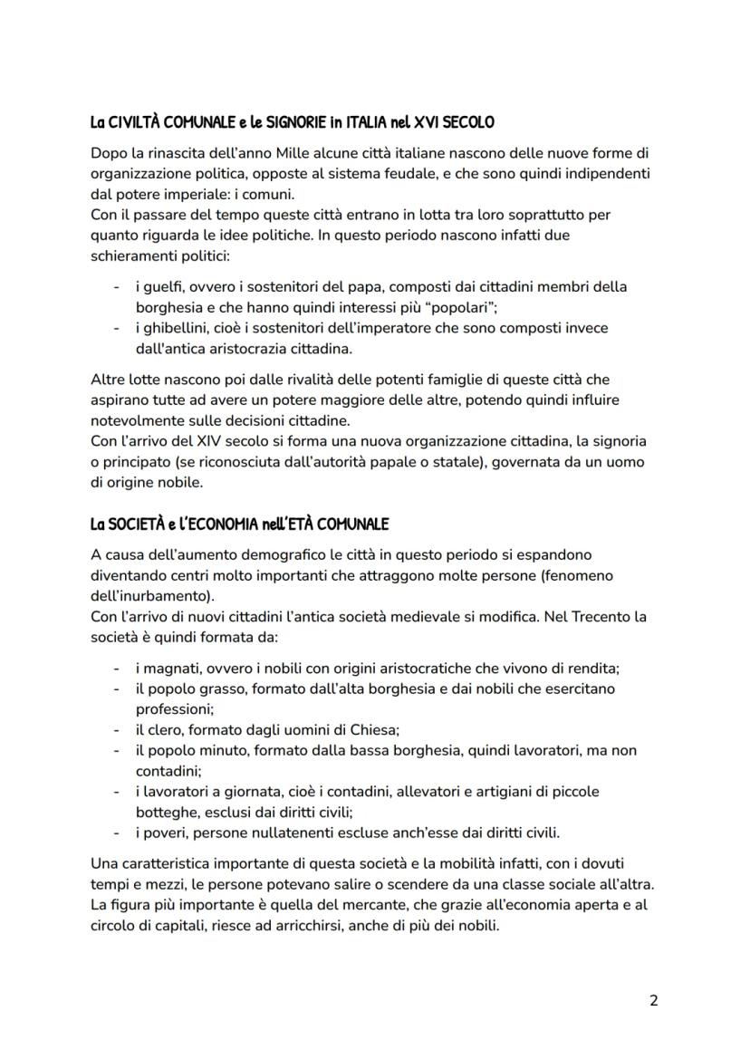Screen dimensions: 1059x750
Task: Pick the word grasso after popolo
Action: tap(213, 688)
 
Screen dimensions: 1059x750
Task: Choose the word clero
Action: tap(163, 729)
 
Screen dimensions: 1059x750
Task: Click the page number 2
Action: tap(654, 1000)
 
